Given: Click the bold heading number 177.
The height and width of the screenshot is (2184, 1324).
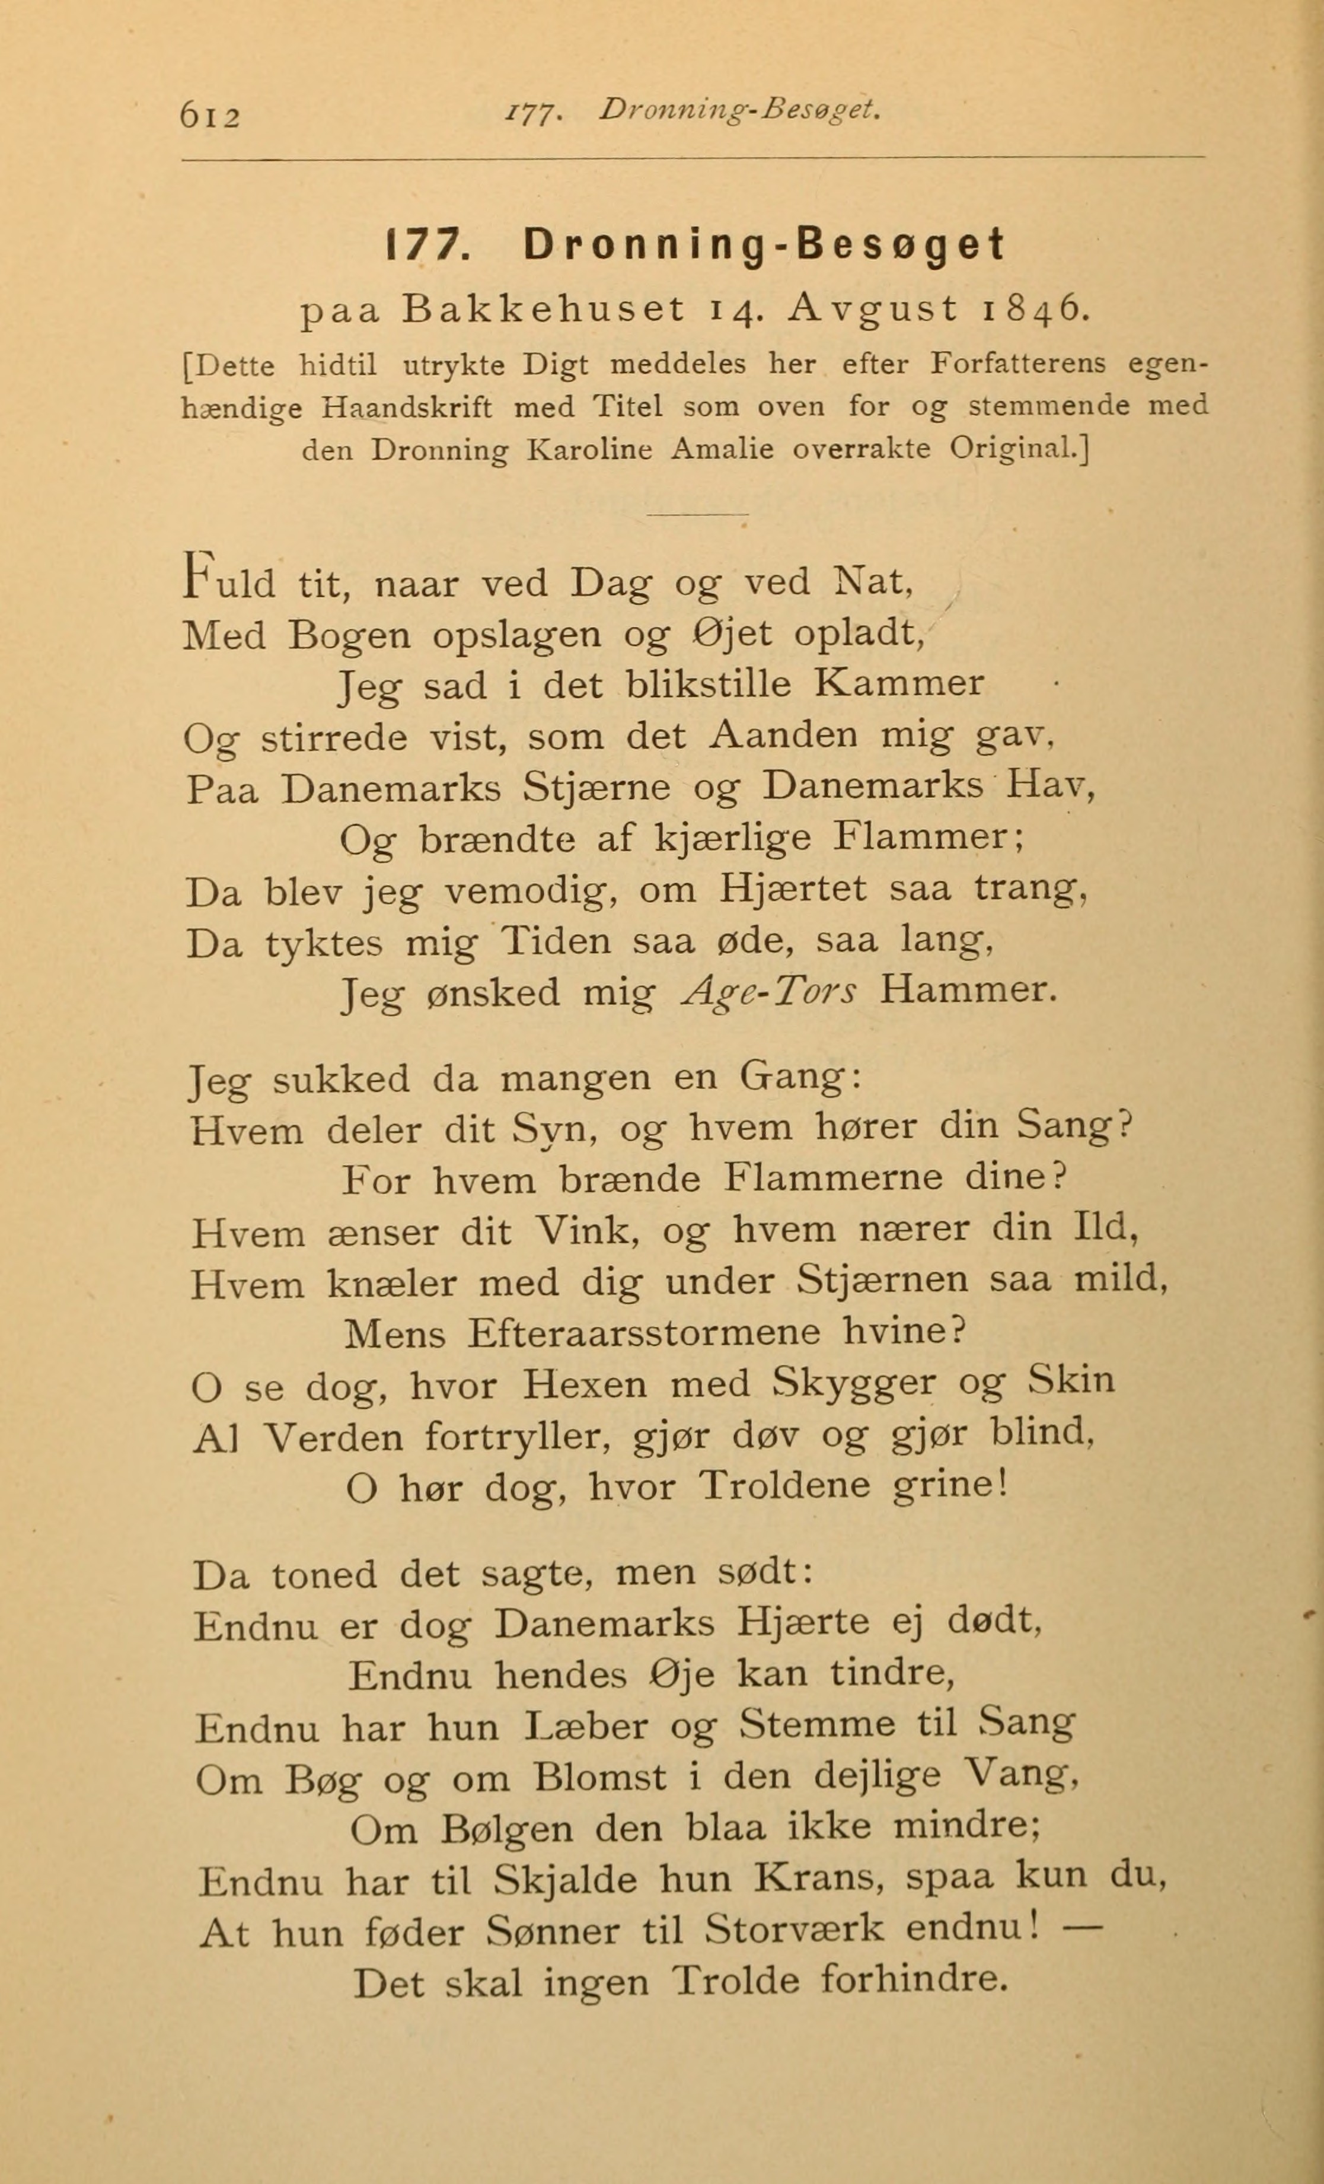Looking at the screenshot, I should coord(425,246).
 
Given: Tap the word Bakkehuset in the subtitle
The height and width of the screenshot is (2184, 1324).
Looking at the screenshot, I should coord(543,308).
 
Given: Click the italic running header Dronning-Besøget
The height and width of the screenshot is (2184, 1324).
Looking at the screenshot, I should coord(740,110).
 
